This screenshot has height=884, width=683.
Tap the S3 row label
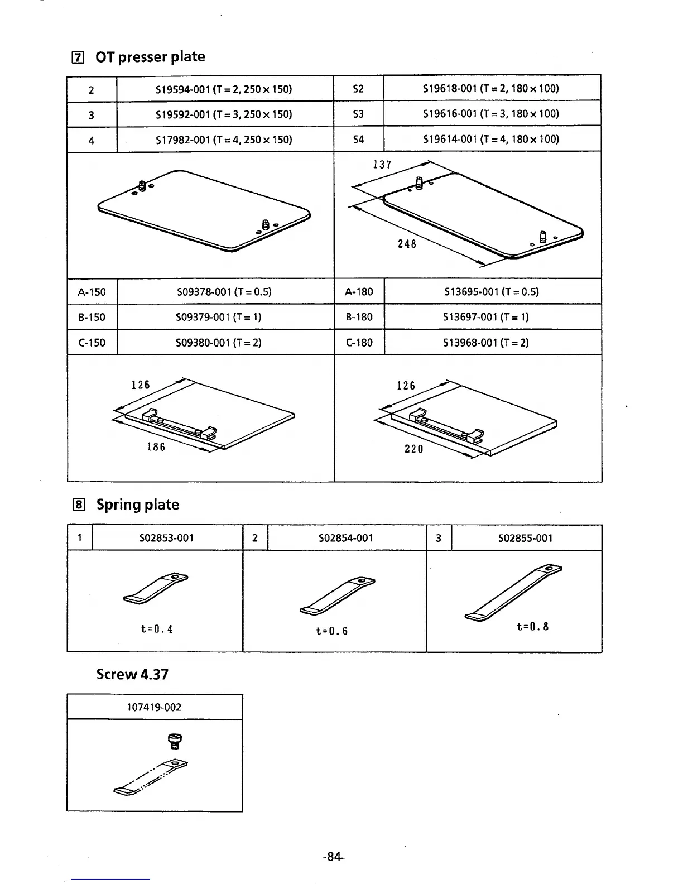tap(358, 114)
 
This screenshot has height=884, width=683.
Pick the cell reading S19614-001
tap(491, 139)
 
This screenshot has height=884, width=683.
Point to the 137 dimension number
tap(382, 165)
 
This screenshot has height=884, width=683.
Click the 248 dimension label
tap(407, 244)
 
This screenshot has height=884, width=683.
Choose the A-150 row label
tap(92, 292)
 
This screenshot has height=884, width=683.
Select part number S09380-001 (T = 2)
tap(219, 343)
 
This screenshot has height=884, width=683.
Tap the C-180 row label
tap(359, 343)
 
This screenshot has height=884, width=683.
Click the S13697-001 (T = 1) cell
tap(486, 317)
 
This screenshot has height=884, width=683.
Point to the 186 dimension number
tap(156, 447)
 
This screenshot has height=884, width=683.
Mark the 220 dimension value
tap(413, 449)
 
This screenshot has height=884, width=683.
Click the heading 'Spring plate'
tap(138, 505)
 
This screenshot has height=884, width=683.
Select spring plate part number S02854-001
tap(345, 538)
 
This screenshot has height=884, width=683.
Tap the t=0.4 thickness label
tap(157, 629)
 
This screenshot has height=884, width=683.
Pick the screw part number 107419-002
tap(154, 707)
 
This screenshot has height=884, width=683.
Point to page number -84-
tap(334, 857)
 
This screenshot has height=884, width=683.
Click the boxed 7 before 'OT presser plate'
tap(79, 57)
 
